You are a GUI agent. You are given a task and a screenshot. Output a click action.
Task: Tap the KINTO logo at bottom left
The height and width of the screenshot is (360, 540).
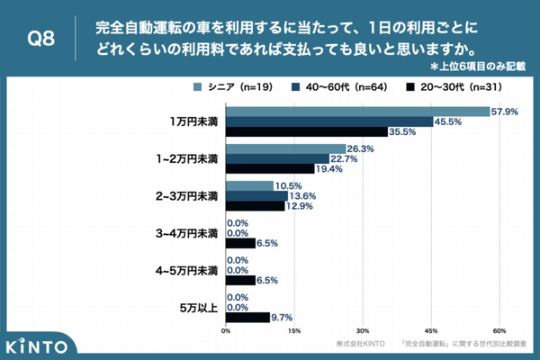point(36,345)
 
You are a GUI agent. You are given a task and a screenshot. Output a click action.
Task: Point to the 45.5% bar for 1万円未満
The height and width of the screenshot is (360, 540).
point(328,121)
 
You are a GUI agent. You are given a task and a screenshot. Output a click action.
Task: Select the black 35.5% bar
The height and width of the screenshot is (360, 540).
point(306,131)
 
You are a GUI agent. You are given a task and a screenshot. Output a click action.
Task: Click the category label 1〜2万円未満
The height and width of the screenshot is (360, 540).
point(187,158)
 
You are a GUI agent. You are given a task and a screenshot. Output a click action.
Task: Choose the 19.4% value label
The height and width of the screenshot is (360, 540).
point(329,168)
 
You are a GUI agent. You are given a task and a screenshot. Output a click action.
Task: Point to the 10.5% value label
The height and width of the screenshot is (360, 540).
point(288,186)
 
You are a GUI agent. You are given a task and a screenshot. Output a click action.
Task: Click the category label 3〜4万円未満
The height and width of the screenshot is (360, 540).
point(187,234)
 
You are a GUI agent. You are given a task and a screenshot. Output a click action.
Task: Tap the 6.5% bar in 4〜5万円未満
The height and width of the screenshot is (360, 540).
point(240,280)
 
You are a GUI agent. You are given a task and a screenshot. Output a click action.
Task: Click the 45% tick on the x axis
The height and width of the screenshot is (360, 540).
point(431,330)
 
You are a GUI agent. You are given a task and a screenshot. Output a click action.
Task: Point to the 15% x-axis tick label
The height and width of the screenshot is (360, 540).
point(294,330)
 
